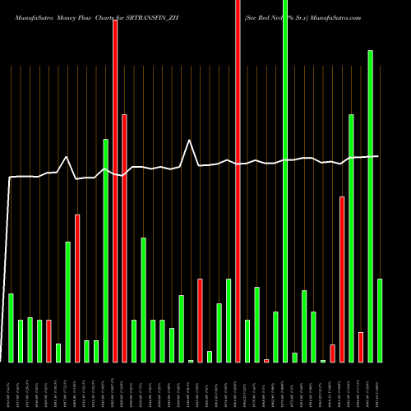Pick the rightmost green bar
click(x=380, y=321)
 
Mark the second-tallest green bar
click(x=371, y=205)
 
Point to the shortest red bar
click(x=266, y=360)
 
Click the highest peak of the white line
click(x=191, y=141)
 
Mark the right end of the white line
click(x=378, y=156)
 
